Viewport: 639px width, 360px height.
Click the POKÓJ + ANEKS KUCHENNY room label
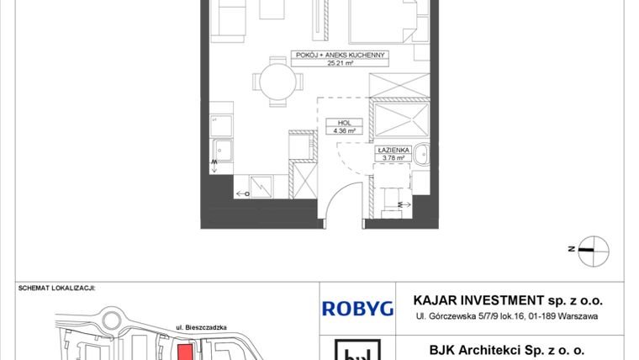pyautogui.click(x=340, y=55)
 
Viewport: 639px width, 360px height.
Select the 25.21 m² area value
pyautogui.click(x=340, y=63)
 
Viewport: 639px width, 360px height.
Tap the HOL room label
pyautogui.click(x=345, y=123)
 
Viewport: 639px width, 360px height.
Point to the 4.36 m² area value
pyautogui.click(x=345, y=131)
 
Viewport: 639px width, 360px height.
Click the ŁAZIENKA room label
pyautogui.click(x=393, y=150)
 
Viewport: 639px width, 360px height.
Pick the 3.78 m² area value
pyautogui.click(x=393, y=158)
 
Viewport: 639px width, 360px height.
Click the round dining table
pyautogui.click(x=277, y=82)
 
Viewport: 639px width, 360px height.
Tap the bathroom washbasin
pyautogui.click(x=421, y=154)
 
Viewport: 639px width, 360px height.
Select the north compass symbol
pyautogui.click(x=594, y=251)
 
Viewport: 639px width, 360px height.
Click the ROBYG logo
pyautogui.click(x=357, y=309)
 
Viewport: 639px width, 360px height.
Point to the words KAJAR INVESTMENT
pyautogui.click(x=478, y=300)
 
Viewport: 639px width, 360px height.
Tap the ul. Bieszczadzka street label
pyautogui.click(x=201, y=327)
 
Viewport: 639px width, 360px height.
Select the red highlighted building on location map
pyautogui.click(x=186, y=352)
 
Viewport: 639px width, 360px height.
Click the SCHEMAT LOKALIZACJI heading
pyautogui.click(x=56, y=288)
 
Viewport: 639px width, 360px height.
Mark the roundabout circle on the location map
pyautogui.click(x=112, y=320)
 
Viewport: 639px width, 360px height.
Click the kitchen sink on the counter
pyautogui.click(x=222, y=151)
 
